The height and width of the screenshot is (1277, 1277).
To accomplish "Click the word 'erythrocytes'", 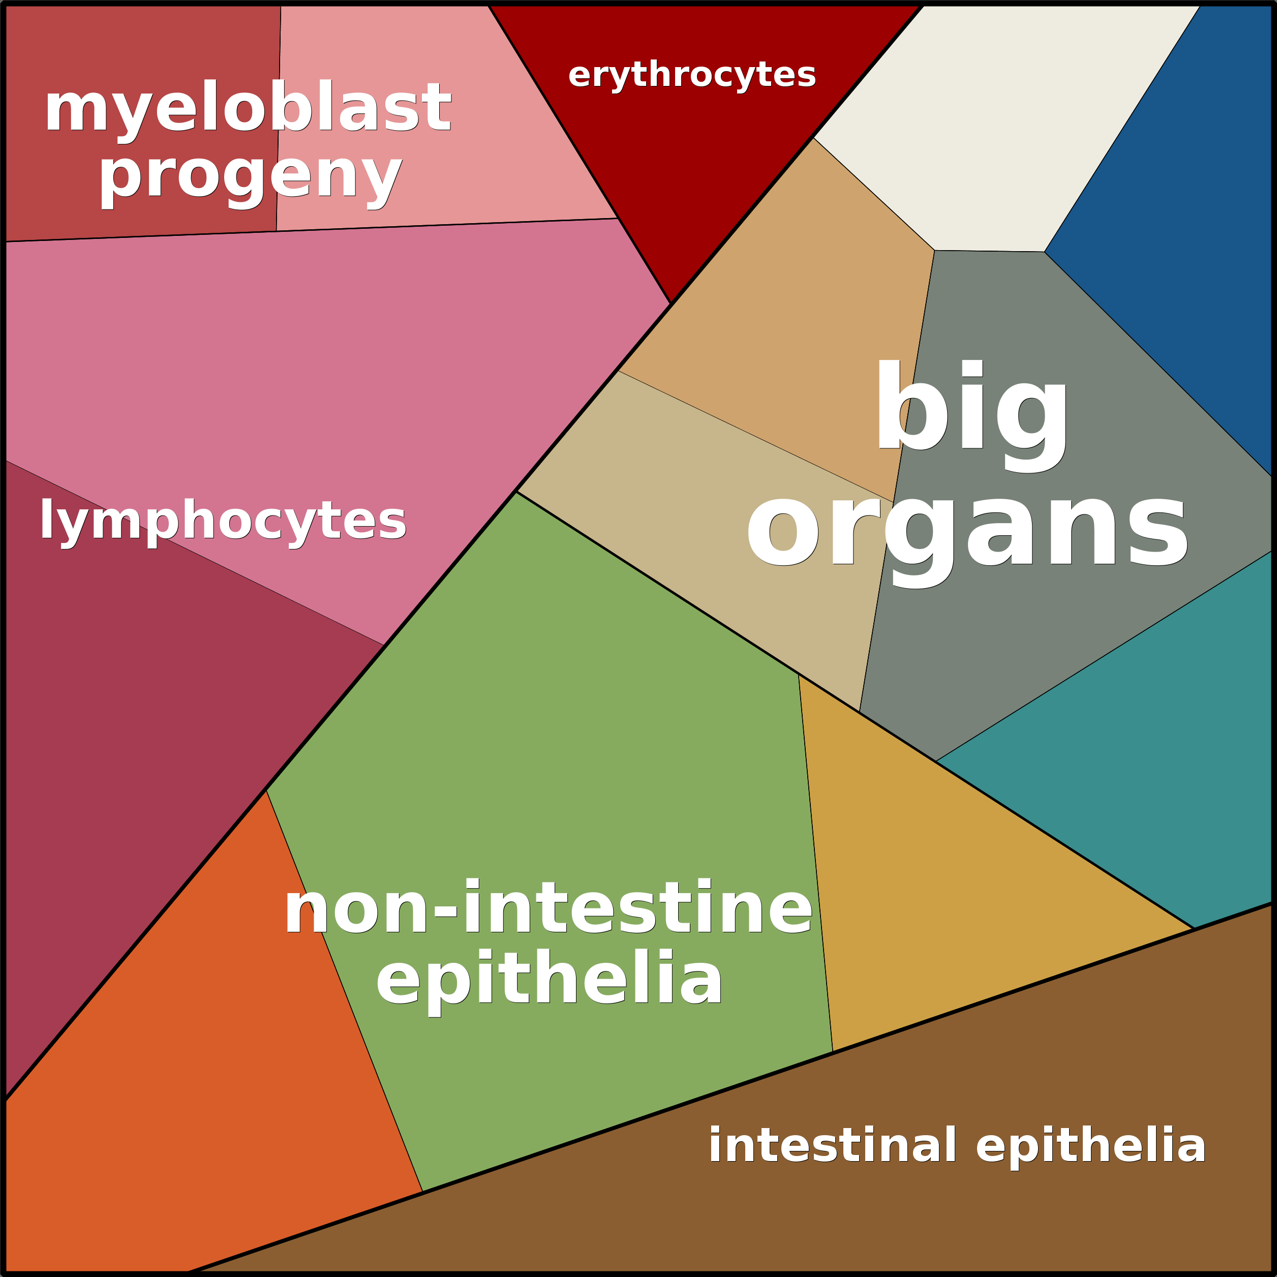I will [691, 75].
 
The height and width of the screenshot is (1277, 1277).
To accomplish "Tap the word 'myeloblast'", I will [248, 108].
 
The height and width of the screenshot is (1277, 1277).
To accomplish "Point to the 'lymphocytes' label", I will [223, 520].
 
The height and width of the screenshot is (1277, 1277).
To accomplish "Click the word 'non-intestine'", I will [548, 909].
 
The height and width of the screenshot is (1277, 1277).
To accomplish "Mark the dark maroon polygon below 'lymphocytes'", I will [132, 727].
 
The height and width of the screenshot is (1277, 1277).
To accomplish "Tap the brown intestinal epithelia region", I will [859, 1190].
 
